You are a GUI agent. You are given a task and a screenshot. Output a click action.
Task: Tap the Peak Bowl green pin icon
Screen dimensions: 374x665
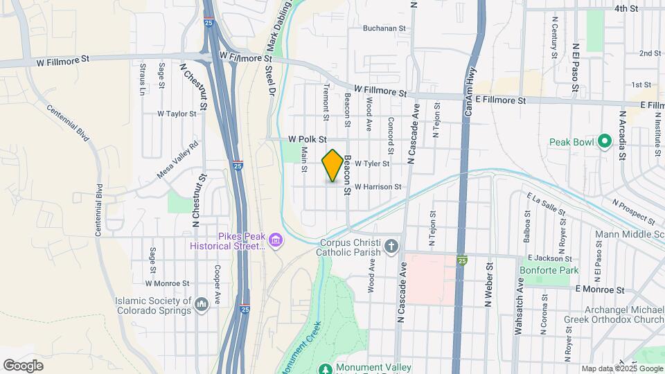click(605, 142)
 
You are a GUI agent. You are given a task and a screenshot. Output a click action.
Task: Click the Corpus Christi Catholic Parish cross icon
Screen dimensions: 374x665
click(391, 246)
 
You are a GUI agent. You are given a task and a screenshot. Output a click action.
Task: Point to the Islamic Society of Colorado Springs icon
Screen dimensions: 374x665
click(202, 304)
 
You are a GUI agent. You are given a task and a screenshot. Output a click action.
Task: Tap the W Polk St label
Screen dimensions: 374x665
click(307, 139)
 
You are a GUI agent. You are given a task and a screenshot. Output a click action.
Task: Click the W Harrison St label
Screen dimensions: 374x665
click(378, 187)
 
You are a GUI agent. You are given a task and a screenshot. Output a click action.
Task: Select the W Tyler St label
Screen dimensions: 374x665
click(372, 164)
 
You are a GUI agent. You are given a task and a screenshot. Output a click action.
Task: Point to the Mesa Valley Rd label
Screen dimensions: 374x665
click(178, 160)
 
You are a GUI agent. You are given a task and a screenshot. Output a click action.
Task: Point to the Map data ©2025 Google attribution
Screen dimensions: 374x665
click(621, 369)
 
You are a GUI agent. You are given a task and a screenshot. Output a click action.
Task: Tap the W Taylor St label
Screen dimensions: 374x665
click(177, 113)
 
